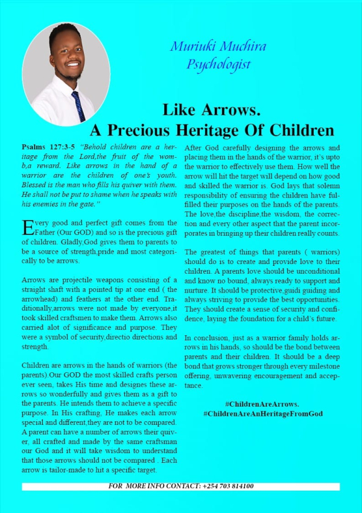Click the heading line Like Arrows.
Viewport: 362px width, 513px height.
[211, 110]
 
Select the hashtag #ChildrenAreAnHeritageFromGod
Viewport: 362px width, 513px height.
[263, 413]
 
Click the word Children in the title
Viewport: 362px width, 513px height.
[305, 130]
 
